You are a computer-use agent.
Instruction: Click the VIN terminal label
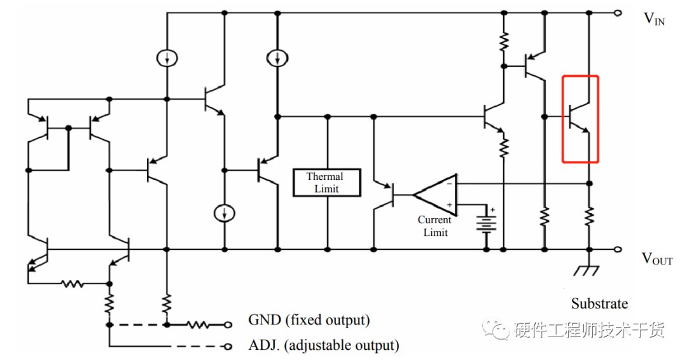coord(654,19)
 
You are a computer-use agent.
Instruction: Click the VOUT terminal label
coord(656,259)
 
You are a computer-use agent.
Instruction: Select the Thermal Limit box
coord(327,183)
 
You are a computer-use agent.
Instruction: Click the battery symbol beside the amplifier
coord(487,223)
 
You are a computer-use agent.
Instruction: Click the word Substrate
coord(599,303)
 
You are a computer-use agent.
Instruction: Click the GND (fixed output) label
coord(309,320)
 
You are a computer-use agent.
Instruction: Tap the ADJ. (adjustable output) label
coord(324,345)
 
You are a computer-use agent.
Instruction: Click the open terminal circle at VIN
coord(618,13)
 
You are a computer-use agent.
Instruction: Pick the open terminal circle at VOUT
coord(618,249)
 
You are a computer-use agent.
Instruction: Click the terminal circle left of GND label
coord(228,325)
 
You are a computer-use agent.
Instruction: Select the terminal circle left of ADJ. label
coord(228,347)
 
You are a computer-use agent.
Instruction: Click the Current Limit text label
coord(434,226)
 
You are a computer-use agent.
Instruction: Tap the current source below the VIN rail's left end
coord(167,58)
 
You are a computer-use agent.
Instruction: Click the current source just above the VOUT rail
coord(225,213)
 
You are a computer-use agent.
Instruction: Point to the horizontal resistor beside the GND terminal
coord(197,325)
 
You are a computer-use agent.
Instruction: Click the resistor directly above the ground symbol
coord(589,216)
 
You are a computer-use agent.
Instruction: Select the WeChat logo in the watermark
coord(496,328)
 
